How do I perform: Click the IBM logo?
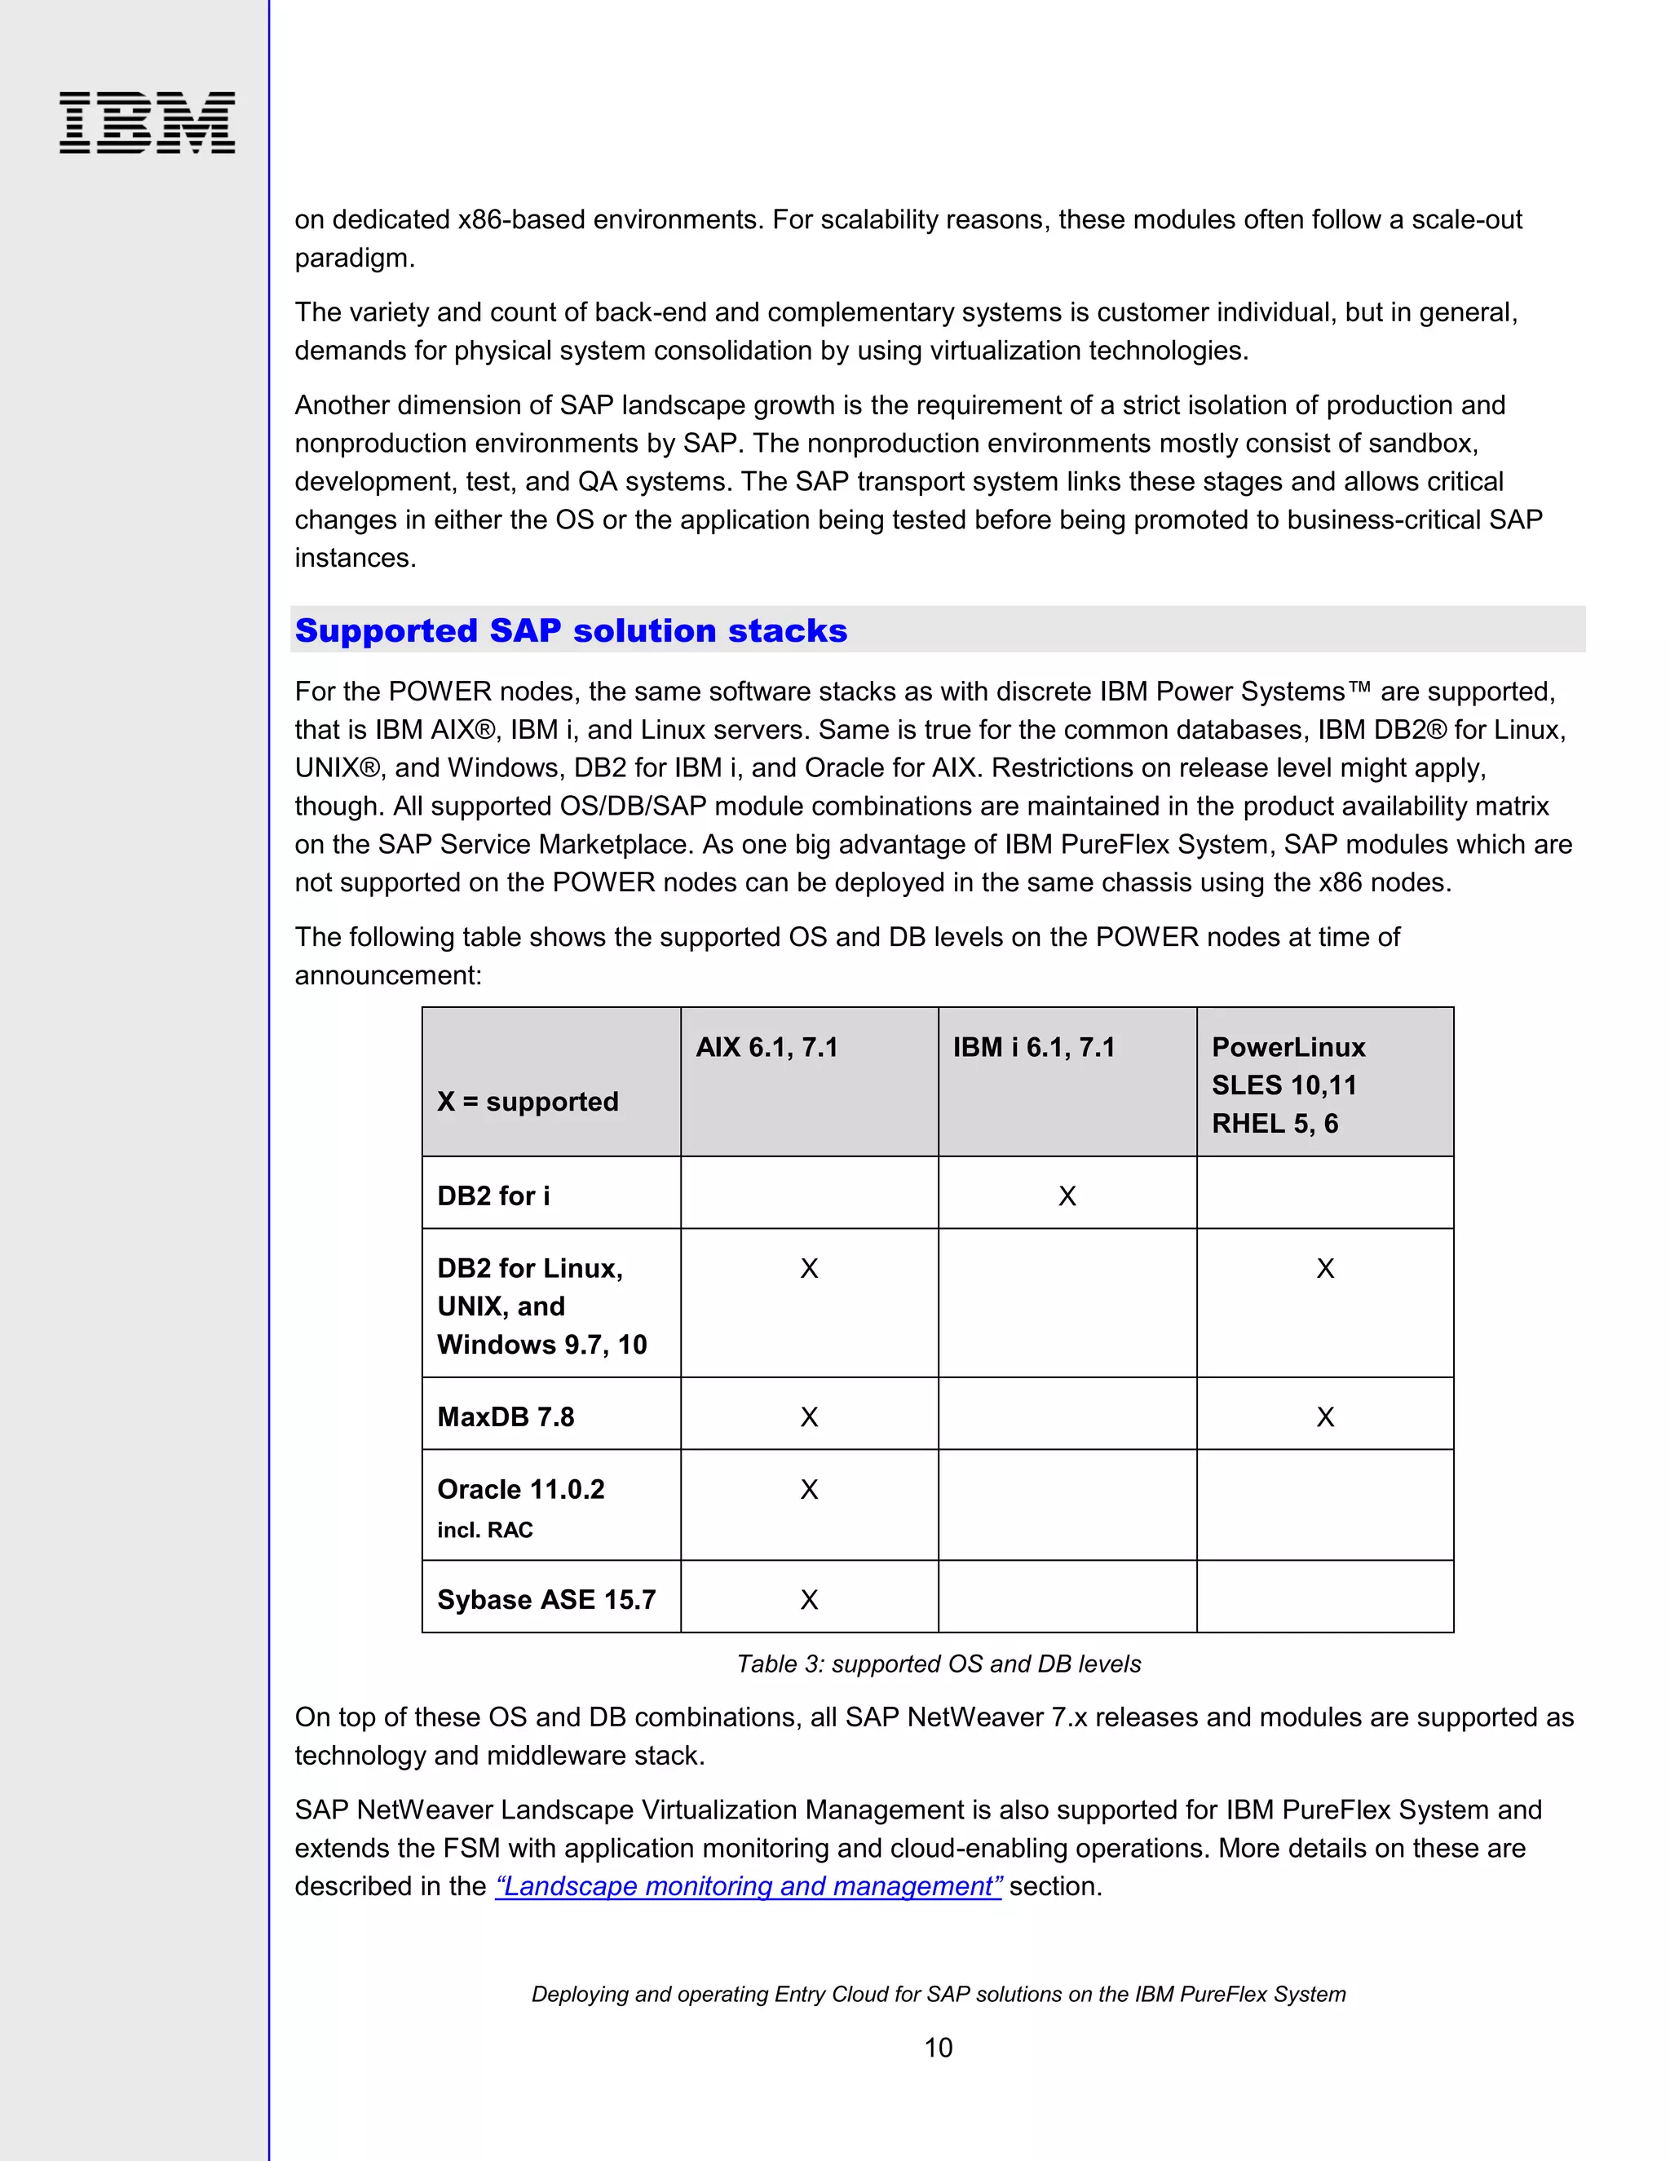(147, 122)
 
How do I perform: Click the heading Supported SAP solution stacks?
(571, 630)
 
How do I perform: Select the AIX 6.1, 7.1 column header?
(767, 1047)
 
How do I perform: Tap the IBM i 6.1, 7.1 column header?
(1034, 1047)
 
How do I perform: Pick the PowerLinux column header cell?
(1288, 1085)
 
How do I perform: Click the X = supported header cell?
(528, 1101)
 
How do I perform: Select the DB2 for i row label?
(493, 1195)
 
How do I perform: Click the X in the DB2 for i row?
(1067, 1196)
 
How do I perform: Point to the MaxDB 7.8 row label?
(506, 1417)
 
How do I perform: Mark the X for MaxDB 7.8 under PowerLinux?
(1325, 1417)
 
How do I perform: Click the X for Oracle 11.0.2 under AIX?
(808, 1489)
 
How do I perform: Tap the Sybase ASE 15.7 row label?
(546, 1599)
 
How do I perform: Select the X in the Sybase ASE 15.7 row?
(808, 1600)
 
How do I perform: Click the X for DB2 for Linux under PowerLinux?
(1325, 1269)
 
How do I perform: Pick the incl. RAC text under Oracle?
(485, 1530)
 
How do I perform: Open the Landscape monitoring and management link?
(748, 1886)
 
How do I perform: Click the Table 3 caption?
(938, 1664)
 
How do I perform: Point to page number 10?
(938, 2047)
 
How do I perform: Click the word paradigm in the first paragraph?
(351, 259)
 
